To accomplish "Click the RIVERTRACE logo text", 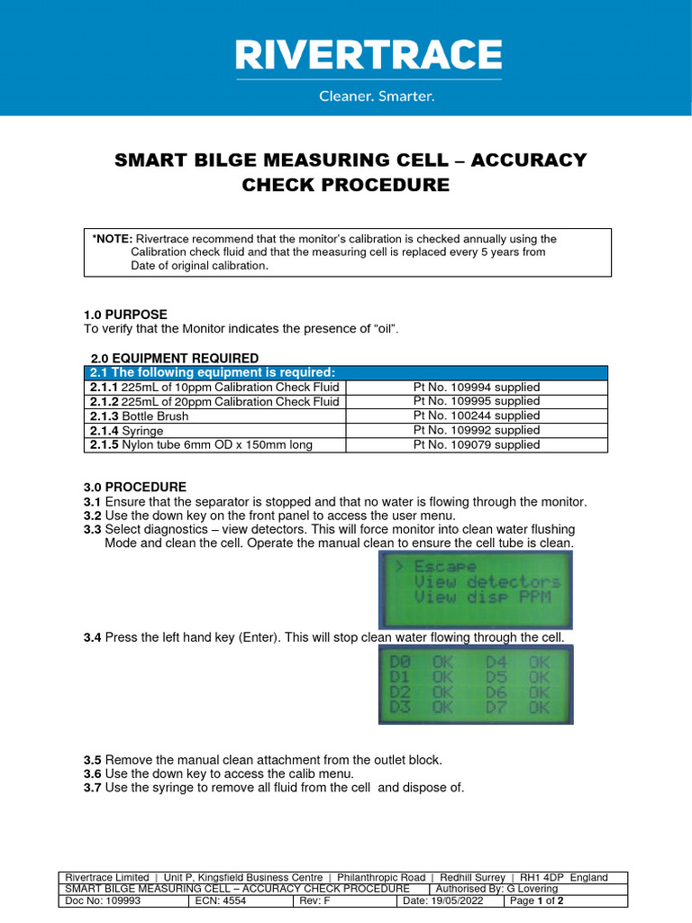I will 369,55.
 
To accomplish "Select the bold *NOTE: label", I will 114,239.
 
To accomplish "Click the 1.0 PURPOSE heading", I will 125,315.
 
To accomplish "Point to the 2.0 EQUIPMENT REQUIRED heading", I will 175,358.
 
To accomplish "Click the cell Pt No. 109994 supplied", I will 477,388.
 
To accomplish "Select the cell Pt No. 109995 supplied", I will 477,401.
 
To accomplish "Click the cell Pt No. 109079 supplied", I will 477,444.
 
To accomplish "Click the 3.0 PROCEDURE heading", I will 135,487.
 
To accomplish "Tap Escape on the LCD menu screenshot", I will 444,567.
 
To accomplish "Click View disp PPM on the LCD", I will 481,597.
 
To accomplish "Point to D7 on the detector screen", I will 496,708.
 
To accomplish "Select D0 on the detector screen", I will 400,661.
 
